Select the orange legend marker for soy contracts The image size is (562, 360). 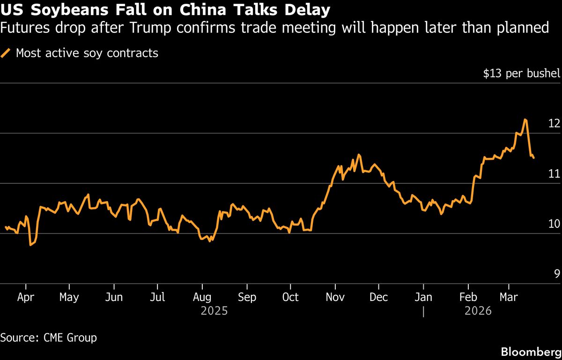point(6,53)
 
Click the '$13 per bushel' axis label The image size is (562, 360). point(521,74)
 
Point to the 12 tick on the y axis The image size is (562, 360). point(554,123)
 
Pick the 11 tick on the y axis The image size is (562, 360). point(554,173)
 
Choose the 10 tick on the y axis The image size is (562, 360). point(554,224)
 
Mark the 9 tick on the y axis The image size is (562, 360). point(557,274)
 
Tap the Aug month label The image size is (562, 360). point(202,297)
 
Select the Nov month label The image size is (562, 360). point(335,297)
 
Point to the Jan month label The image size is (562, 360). point(423,297)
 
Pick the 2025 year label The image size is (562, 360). point(214,310)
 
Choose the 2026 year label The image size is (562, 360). point(478,310)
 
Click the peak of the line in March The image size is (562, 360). point(525,120)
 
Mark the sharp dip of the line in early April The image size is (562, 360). point(31,245)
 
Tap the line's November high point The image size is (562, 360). point(359,154)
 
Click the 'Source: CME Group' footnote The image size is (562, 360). point(49,337)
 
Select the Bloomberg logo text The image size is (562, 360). point(531,352)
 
